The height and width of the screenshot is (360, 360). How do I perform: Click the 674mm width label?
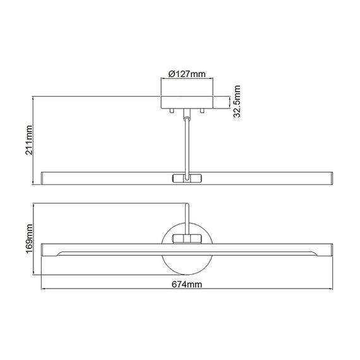click(x=186, y=285)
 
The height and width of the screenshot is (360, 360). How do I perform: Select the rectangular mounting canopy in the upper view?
click(x=186, y=102)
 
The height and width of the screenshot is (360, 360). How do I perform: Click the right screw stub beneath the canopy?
click(x=203, y=111)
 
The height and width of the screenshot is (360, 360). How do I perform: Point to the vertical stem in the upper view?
click(x=186, y=145)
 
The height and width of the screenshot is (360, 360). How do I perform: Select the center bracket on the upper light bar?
click(x=186, y=177)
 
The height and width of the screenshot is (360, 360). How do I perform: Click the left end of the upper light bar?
click(x=44, y=177)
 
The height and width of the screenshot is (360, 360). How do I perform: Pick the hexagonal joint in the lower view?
click(x=186, y=238)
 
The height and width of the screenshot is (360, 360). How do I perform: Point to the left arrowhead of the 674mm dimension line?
click(x=43, y=276)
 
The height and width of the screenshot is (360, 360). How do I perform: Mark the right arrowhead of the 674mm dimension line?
click(x=330, y=276)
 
